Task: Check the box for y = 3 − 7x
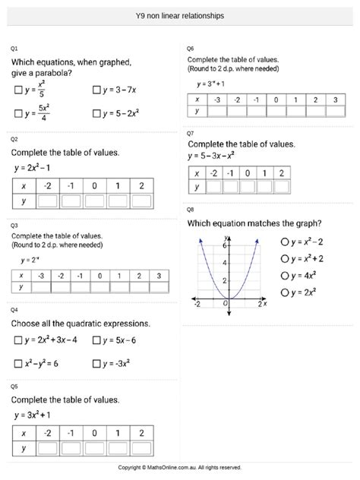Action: (x=97, y=90)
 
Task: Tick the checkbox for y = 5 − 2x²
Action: (x=97, y=115)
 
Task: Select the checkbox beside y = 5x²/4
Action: (x=18, y=115)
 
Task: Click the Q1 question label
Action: (x=14, y=49)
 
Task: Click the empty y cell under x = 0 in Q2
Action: (x=95, y=201)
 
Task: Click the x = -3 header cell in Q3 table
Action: (x=42, y=275)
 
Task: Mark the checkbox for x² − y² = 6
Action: (x=18, y=363)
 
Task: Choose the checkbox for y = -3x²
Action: (x=97, y=363)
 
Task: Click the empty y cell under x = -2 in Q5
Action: (x=48, y=448)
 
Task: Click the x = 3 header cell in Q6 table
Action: (x=335, y=99)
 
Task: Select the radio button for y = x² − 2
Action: (x=283, y=242)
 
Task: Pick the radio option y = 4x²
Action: (x=283, y=275)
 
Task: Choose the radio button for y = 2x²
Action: (x=283, y=292)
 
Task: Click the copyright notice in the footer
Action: (x=179, y=467)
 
